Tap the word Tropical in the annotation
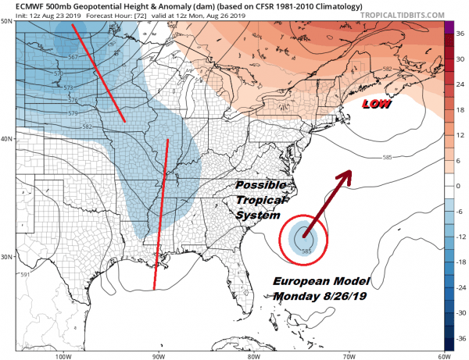258,201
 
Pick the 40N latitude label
9,139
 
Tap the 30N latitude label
9,257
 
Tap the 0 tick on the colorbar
460,186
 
